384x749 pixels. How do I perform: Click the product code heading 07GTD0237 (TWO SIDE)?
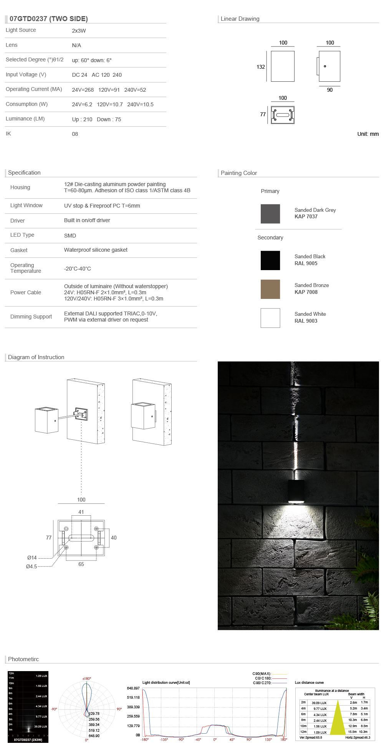[49, 19]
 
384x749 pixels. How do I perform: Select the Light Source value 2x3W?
[79, 31]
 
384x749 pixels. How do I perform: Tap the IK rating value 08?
[75, 134]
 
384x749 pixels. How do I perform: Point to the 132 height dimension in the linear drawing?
[261, 67]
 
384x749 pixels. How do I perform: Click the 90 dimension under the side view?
[330, 90]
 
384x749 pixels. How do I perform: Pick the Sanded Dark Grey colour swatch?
[270, 214]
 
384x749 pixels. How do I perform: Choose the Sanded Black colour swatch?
[270, 261]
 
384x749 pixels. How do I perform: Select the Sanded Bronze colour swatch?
[270, 289]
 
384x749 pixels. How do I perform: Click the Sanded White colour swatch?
[270, 318]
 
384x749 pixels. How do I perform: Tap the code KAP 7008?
[306, 292]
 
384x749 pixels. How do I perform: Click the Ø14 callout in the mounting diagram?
[32, 558]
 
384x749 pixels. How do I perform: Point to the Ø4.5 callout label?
[31, 566]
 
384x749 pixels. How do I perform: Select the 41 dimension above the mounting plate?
[81, 512]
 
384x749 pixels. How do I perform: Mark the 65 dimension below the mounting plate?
[81, 564]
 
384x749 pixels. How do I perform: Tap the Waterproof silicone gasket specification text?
[96, 250]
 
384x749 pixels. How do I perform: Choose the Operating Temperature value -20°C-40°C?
[78, 269]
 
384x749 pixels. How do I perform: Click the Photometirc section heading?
[23, 659]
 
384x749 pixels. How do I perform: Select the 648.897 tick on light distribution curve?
[133, 688]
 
